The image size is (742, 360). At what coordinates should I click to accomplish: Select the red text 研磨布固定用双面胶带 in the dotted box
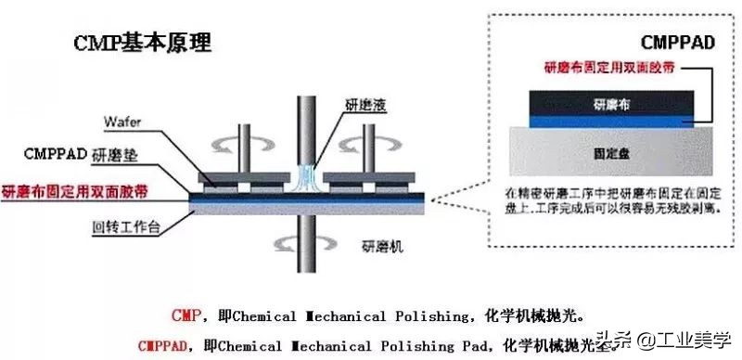pos(604,68)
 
